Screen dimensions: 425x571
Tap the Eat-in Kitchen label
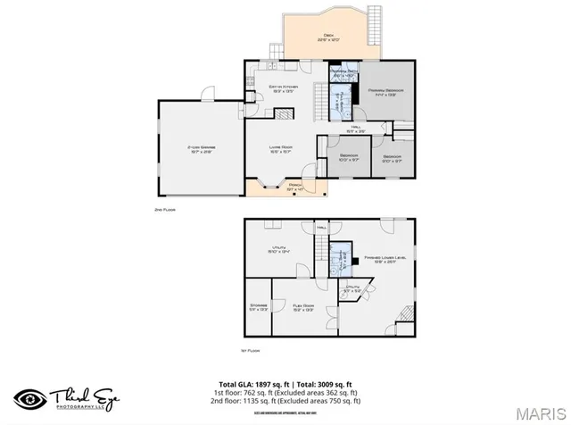(283, 88)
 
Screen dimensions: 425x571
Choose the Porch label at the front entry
(295, 187)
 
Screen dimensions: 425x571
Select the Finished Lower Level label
(385, 260)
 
